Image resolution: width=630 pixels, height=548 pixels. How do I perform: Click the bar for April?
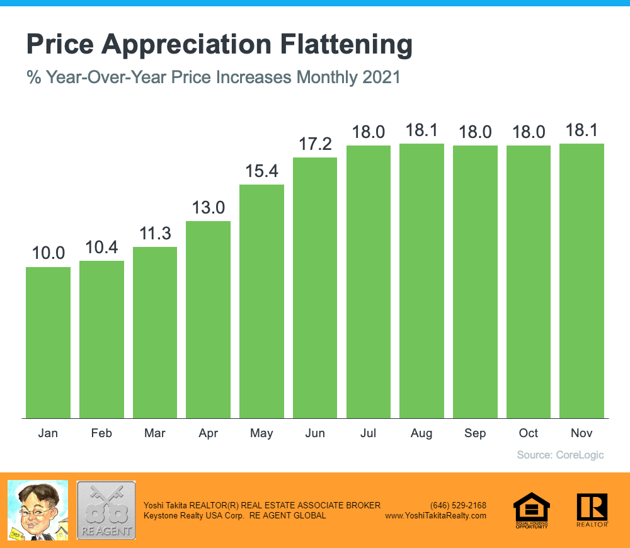[208, 319]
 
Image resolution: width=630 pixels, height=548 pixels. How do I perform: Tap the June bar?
[315, 287]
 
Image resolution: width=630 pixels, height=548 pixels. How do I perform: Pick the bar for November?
[582, 280]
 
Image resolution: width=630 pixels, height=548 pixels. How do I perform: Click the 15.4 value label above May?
[261, 171]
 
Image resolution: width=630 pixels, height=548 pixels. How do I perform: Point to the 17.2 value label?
[315, 144]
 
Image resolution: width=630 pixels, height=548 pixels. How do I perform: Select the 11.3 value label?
[155, 234]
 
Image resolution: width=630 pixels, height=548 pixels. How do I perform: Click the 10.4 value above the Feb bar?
[101, 248]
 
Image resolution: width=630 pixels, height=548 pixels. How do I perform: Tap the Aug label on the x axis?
[421, 433]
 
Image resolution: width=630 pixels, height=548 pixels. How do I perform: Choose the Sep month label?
[475, 433]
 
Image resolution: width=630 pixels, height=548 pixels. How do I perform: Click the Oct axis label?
[529, 433]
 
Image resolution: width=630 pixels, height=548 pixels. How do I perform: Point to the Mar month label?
[155, 433]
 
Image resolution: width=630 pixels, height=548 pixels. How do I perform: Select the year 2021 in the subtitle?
[382, 78]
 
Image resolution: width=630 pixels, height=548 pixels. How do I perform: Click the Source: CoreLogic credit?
[560, 455]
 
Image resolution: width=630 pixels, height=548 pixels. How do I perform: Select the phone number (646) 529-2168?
[458, 505]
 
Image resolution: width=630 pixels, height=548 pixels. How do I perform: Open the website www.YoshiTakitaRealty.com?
[435, 515]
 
